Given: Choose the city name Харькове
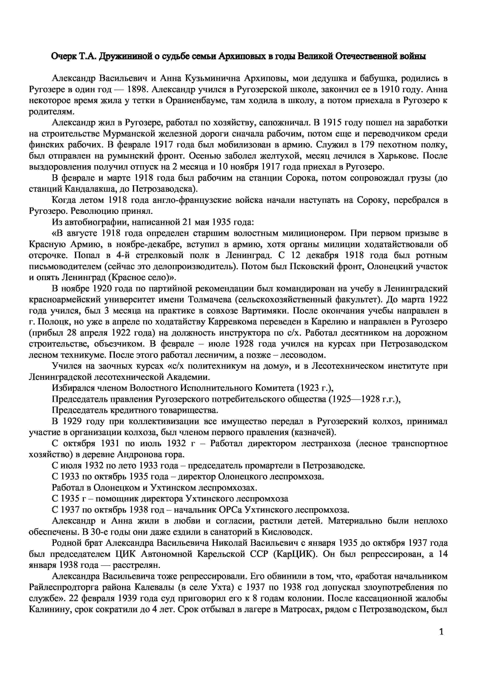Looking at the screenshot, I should [x=398, y=156].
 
